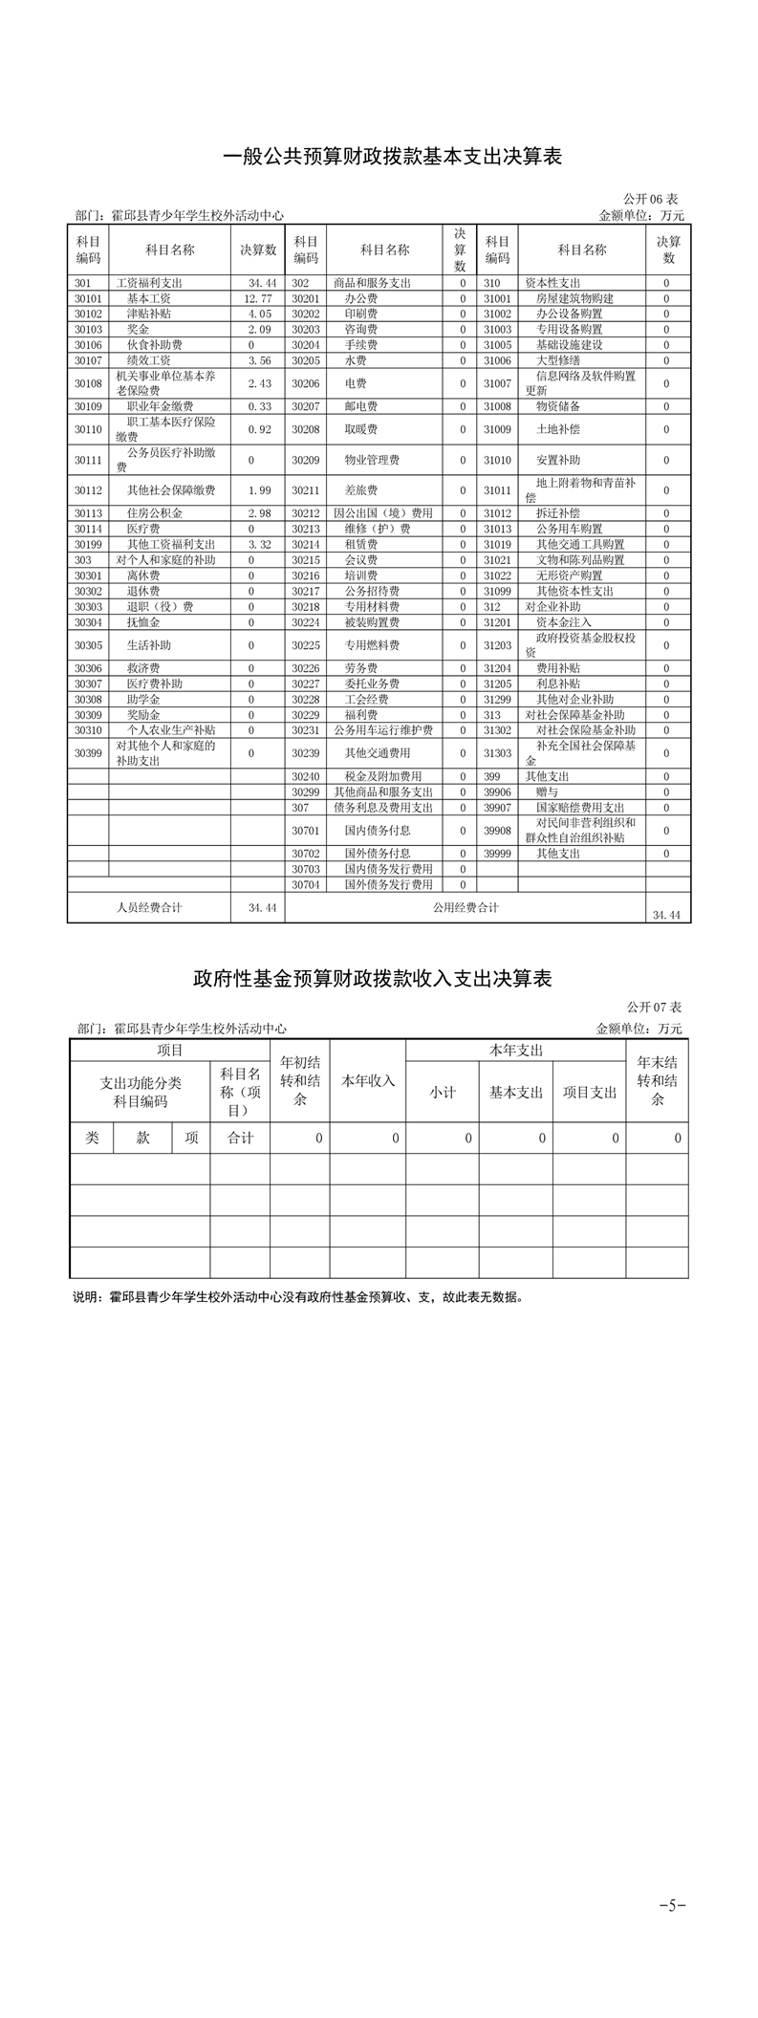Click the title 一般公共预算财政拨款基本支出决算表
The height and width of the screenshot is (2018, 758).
[x=392, y=157]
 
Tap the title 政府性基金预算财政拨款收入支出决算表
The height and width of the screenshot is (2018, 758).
[x=373, y=979]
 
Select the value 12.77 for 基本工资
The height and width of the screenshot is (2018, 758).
[x=258, y=299]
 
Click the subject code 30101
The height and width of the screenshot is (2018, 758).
[x=88, y=299]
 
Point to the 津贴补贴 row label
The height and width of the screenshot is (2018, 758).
[x=149, y=315]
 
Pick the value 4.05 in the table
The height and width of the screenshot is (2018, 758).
[x=260, y=315]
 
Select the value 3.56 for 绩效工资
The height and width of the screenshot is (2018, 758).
[x=260, y=360]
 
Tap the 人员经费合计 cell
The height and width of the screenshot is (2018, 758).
[x=149, y=907]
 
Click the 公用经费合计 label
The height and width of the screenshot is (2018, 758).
[x=466, y=907]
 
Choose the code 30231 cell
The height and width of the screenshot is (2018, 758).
[x=306, y=730]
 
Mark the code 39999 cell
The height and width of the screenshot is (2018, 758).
[x=497, y=854]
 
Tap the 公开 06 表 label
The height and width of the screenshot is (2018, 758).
[x=651, y=199]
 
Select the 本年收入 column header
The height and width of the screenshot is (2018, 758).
[x=368, y=1081]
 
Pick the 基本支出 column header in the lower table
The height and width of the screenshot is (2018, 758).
[x=516, y=1093]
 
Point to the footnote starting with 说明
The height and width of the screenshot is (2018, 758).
[x=298, y=1298]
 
